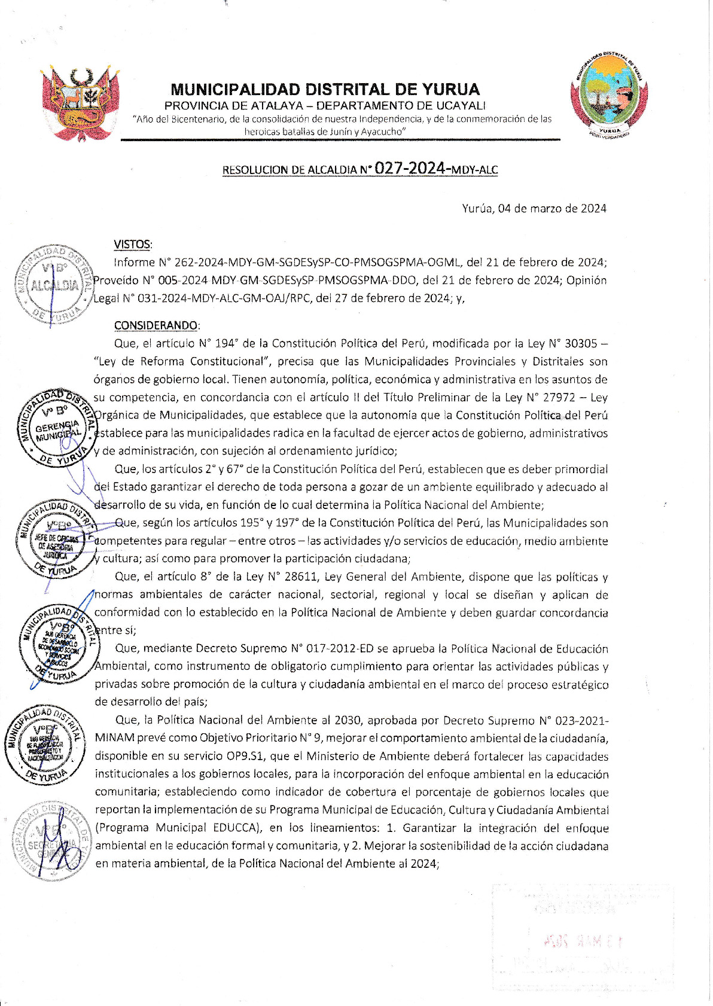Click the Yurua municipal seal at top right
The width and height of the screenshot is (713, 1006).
tap(610, 96)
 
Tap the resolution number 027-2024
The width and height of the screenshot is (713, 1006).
tap(411, 168)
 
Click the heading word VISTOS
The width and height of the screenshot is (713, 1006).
tap(132, 245)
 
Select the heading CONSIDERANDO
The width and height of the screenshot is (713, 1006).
tap(156, 325)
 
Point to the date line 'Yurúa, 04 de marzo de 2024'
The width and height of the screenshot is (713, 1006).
tap(534, 208)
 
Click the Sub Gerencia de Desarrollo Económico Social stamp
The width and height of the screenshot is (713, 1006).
tap(58, 644)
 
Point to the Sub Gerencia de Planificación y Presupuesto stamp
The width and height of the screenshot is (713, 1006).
tap(45, 745)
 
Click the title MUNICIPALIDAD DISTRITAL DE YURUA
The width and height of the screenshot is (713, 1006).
tap(325, 90)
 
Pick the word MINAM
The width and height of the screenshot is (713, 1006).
tap(115, 738)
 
